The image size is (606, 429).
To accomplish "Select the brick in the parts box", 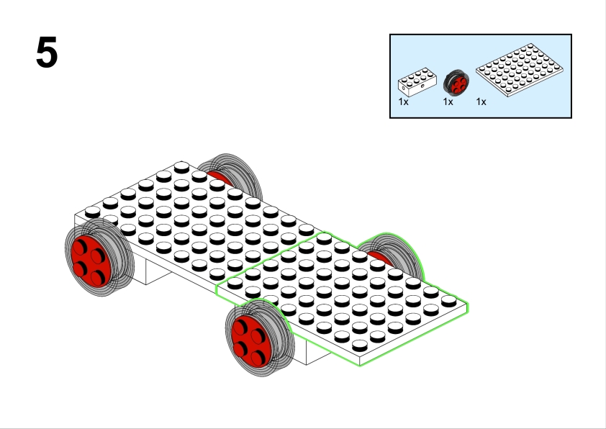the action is point(417,82).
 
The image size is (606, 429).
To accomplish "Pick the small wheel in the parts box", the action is point(456,82).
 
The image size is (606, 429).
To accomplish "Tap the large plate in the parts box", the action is point(520,70).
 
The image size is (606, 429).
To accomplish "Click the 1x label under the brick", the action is point(404,101).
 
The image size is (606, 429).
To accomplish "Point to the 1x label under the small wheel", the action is point(448,101).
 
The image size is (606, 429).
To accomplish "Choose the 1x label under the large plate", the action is point(481,101).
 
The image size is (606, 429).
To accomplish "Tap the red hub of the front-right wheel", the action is point(252,341).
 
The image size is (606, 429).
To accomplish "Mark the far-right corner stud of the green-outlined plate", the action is point(448,301).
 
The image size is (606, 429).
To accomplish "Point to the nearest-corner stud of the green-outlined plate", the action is point(360,345).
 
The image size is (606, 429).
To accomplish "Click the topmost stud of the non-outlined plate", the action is point(181,167).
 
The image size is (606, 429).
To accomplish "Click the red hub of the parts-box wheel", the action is point(458,85).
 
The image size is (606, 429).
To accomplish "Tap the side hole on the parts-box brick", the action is point(422,86).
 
